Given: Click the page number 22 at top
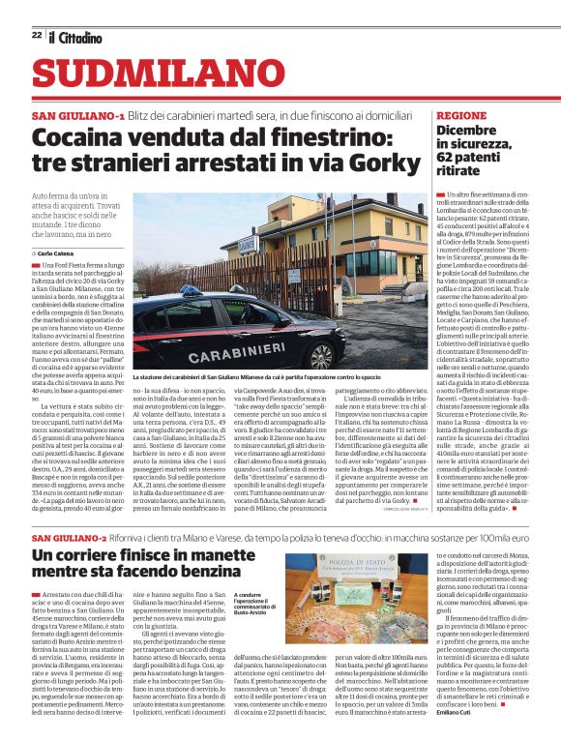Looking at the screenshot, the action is (36, 35).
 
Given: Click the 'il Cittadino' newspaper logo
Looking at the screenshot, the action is (76, 37).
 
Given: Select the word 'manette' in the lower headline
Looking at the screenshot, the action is (205, 554).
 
